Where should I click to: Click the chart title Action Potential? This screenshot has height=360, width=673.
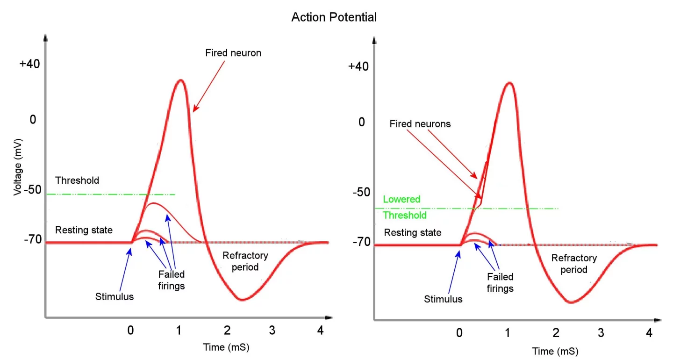tap(334, 17)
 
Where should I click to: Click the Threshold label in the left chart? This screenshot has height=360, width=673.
tap(77, 180)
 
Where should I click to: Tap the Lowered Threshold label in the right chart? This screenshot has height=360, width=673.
tap(404, 207)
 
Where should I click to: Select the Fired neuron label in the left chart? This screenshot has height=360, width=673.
tap(233, 53)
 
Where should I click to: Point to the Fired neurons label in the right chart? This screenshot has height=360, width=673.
tap(420, 124)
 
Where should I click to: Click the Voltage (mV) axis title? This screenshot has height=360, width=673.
tap(17, 166)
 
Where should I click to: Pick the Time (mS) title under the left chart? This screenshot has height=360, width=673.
tap(223, 347)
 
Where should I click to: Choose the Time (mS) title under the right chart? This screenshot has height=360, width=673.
tap(552, 350)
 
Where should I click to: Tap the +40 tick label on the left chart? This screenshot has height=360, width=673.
tap(30, 64)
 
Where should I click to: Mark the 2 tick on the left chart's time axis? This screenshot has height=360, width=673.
tap(227, 331)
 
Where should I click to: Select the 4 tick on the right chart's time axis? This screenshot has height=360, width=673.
tap(649, 333)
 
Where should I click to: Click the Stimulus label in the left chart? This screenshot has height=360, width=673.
tap(115, 296)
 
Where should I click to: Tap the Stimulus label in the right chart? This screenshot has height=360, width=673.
tap(443, 299)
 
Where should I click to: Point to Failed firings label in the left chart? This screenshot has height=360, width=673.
tap(171, 280)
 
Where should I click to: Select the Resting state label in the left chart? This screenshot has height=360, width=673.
tap(84, 230)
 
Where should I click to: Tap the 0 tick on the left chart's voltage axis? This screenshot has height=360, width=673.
tap(33, 119)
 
